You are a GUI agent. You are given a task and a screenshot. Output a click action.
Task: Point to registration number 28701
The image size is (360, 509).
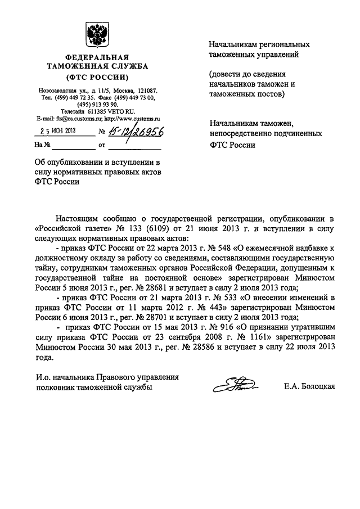point(153,317)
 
